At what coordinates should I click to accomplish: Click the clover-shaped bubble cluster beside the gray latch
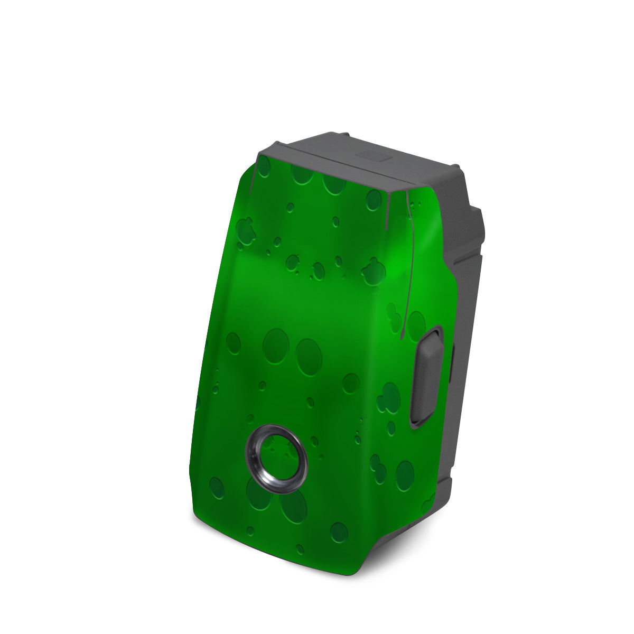(x=391, y=394)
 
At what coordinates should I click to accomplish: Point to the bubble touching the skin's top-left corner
(x=264, y=167)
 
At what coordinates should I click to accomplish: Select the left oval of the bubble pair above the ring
(x=275, y=343)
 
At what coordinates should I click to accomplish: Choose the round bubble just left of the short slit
(x=374, y=200)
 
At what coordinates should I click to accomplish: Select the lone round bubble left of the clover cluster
(x=350, y=383)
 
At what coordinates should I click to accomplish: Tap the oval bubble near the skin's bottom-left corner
(x=217, y=483)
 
